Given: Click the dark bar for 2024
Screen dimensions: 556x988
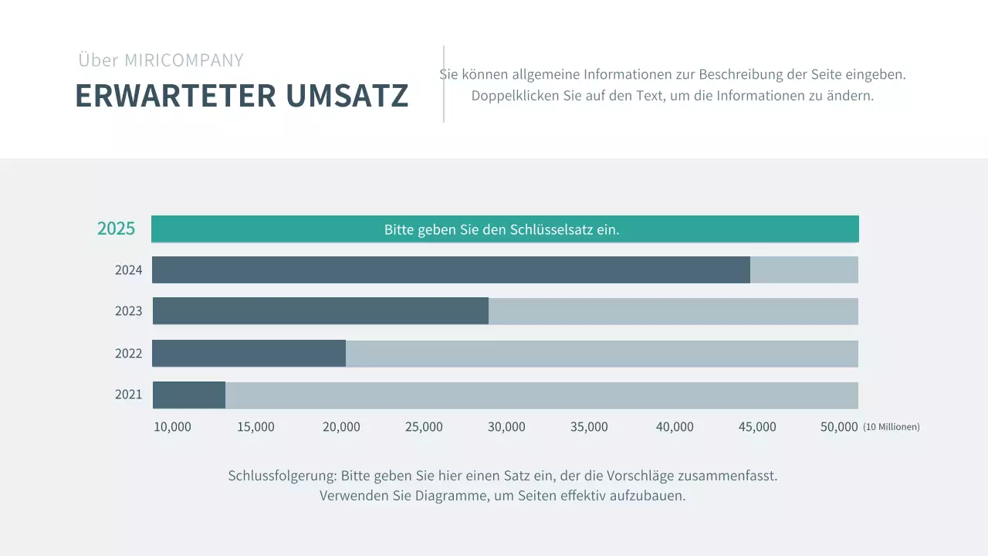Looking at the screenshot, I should point(451,270).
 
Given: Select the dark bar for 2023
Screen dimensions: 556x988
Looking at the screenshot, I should point(320,310).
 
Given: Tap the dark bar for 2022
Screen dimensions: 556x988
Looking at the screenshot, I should point(249,353).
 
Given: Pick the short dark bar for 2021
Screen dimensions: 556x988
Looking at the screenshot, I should point(189,395).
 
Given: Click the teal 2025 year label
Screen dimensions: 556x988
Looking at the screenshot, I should point(116,229).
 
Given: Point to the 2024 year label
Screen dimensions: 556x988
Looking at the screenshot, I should point(129,270).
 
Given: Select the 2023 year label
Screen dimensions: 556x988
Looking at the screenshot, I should point(129,311).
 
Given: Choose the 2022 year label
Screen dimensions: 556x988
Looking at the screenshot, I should point(129,354).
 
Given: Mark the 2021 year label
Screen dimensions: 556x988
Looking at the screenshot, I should point(129,395).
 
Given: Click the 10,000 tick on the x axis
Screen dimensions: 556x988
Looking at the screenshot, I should point(172,427).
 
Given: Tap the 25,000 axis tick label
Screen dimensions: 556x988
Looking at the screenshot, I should point(424,427).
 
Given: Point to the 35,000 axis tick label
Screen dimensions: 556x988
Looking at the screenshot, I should point(589,427).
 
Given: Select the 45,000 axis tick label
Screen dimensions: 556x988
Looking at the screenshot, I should point(757,427).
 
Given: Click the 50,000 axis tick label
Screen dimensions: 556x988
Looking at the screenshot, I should point(839,427).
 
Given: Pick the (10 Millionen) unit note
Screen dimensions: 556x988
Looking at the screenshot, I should point(892,427).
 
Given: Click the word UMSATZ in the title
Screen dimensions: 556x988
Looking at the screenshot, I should point(347,96).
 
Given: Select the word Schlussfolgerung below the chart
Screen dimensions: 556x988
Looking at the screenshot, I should point(282,476).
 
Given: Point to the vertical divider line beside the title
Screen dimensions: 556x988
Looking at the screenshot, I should point(444,84).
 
